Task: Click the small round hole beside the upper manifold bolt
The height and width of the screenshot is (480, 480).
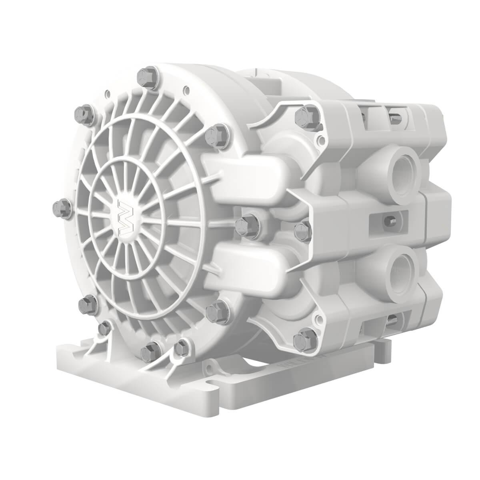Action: click(320, 141)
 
